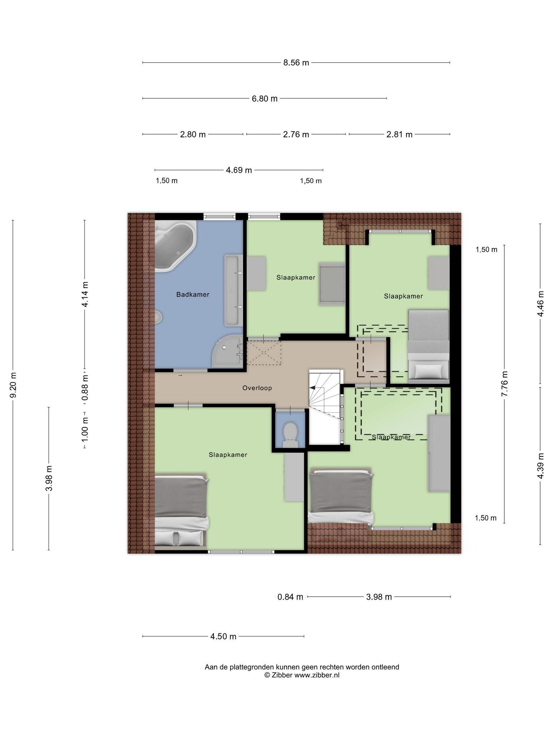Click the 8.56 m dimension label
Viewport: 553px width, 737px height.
tap(296, 63)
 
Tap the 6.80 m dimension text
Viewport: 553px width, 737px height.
tap(265, 99)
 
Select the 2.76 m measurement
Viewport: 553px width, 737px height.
tap(296, 135)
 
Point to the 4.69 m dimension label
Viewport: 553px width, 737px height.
tap(239, 170)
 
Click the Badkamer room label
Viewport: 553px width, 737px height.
tap(193, 294)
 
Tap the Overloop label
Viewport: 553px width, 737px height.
tap(257, 388)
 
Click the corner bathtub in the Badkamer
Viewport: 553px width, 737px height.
tap(175, 245)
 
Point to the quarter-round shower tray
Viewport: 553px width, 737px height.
tap(228, 351)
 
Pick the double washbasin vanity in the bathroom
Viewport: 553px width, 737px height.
tap(234, 290)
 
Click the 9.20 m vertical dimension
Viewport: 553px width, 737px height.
tap(13, 385)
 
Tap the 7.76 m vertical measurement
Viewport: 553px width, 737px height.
tap(504, 384)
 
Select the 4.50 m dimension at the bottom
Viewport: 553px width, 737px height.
tap(223, 637)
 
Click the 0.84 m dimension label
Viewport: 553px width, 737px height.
tap(290, 597)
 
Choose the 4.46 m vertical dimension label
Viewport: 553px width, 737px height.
tap(540, 304)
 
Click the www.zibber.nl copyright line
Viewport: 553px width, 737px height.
tap(302, 675)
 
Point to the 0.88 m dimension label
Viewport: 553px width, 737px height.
tap(85, 387)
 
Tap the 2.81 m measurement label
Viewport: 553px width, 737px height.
tap(399, 135)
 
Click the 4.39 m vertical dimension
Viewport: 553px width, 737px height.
tap(540, 466)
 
